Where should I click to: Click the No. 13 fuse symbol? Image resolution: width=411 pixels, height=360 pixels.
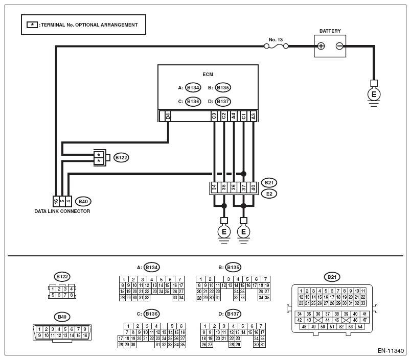(276, 46)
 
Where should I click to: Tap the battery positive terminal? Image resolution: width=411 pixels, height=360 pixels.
(321, 46)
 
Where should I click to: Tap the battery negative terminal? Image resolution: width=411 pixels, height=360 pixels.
(339, 46)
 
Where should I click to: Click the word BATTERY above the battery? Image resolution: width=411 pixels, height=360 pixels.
(330, 31)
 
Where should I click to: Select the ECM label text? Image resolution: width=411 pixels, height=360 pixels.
(208, 75)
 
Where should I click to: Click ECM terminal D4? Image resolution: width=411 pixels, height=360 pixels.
(168, 116)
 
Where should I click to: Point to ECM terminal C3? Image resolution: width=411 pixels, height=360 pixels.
(214, 116)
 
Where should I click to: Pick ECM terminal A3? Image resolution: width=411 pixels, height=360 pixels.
(253, 116)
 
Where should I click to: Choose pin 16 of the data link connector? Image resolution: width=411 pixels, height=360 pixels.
(56, 201)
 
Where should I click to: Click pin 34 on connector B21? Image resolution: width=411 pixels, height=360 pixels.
(214, 188)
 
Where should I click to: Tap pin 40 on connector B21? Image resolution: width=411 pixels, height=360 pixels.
(253, 188)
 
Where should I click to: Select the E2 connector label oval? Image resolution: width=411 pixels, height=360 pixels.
(269, 194)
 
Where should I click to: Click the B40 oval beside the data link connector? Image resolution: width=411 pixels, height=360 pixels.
(83, 201)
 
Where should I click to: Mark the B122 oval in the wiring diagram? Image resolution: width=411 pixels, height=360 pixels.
(121, 158)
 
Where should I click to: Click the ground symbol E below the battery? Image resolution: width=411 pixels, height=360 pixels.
(374, 94)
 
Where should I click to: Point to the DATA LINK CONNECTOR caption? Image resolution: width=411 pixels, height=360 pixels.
(62, 211)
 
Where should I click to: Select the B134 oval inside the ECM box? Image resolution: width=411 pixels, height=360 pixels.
(193, 87)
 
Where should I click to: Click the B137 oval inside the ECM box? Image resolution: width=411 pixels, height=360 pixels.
(223, 101)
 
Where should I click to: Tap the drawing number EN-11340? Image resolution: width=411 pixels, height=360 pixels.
(391, 351)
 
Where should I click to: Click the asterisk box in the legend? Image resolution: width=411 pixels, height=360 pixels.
(32, 25)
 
